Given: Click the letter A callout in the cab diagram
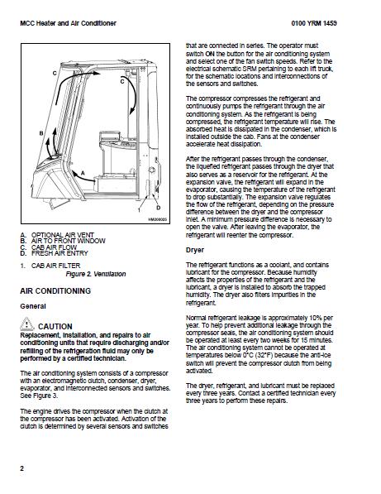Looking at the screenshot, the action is click(83, 173).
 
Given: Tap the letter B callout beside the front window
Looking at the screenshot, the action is click(41, 133).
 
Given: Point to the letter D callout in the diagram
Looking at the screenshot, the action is click(158, 208).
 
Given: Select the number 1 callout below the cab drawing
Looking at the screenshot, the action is click(139, 210).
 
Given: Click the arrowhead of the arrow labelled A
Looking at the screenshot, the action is click(74, 173).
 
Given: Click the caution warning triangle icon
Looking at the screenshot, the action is click(27, 324).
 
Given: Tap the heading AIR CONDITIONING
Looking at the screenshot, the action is click(55, 290).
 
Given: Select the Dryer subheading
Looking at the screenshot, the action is click(195, 250).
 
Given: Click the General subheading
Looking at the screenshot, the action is click(33, 306).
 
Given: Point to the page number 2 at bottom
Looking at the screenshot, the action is click(21, 468).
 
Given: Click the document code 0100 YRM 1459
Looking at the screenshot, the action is click(314, 23).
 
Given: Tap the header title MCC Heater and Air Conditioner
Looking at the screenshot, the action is click(68, 23).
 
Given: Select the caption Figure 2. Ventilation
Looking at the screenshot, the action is click(96, 274).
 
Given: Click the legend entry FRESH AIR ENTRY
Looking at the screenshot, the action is click(60, 253).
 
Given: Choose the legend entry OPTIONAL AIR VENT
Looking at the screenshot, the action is click(63, 235).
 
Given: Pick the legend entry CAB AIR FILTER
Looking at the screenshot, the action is click(55, 266).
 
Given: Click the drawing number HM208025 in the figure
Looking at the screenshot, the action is click(157, 219).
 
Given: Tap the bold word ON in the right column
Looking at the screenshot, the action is click(210, 54).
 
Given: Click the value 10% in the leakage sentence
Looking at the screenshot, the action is click(316, 318).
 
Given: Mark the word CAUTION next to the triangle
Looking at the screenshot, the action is click(55, 326).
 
